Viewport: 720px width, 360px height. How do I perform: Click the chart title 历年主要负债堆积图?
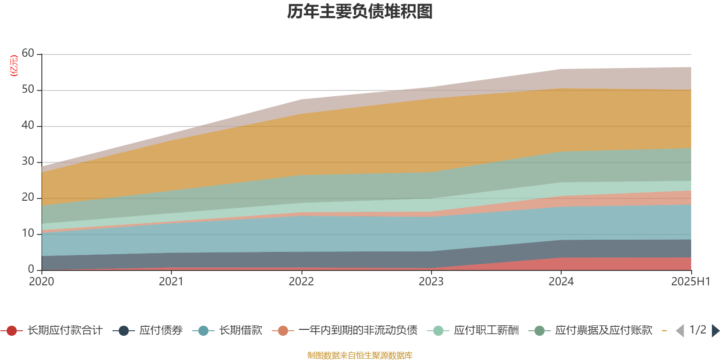[x=360, y=12]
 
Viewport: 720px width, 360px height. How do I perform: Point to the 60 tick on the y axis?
[x=28, y=54]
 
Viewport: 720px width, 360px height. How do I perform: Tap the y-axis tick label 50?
[x=28, y=90]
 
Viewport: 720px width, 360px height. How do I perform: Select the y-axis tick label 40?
[x=28, y=126]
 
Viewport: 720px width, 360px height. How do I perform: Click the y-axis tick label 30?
[x=28, y=162]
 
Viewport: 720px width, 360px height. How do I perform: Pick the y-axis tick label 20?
[x=28, y=198]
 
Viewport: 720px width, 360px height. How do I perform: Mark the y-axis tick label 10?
[x=28, y=234]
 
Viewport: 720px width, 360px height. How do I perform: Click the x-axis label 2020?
[x=41, y=282]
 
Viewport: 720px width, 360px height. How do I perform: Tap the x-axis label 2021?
[x=171, y=282]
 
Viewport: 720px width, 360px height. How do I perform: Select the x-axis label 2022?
[x=301, y=282]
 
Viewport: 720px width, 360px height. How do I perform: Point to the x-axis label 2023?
[x=431, y=282]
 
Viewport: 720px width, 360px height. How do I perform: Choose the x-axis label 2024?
[x=561, y=282]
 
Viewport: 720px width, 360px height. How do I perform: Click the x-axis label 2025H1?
[x=690, y=282]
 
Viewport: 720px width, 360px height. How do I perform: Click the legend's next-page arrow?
[x=715, y=331]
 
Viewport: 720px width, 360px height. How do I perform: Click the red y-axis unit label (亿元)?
[x=14, y=66]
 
